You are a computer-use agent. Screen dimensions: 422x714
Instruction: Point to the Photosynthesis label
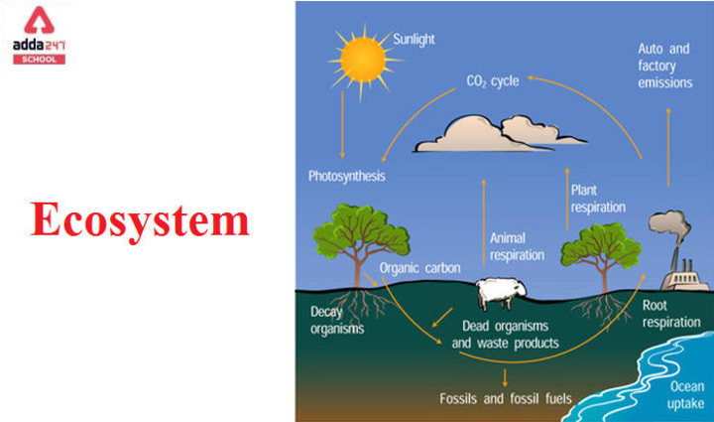[x=345, y=176]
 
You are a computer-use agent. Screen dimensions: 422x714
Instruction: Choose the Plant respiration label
[x=597, y=198]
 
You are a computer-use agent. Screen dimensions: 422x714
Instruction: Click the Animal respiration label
[x=517, y=245]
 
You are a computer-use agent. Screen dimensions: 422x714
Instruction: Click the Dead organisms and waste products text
[x=505, y=335]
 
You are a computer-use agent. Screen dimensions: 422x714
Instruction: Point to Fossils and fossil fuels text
[x=506, y=399]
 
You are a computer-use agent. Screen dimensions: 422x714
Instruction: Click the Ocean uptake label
[x=685, y=394]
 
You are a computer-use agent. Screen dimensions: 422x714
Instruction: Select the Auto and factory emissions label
[x=664, y=65]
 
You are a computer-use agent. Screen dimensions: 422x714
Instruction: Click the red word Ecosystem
[x=140, y=220]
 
